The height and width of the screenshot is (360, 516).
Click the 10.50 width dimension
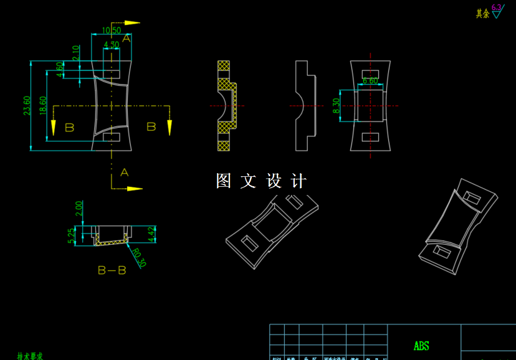click(112, 31)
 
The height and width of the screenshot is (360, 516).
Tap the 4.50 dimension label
click(112, 45)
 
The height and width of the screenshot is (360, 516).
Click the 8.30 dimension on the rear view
click(337, 107)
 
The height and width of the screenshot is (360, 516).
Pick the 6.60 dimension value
click(370, 81)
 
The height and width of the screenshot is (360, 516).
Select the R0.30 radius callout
click(138, 257)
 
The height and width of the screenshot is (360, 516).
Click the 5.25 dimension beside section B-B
click(72, 235)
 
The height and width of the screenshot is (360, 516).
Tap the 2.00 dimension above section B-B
click(79, 207)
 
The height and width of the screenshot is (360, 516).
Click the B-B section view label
click(112, 271)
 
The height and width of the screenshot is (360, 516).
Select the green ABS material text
click(421, 346)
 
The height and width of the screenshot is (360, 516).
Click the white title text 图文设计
click(261, 181)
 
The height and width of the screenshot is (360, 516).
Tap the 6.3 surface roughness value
click(496, 7)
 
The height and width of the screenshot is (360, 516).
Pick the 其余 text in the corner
click(482, 14)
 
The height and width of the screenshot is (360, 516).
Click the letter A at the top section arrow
click(127, 39)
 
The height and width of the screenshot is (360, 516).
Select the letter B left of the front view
click(69, 128)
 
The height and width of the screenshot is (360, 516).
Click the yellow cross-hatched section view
click(226, 106)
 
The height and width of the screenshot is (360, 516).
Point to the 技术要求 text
click(30, 356)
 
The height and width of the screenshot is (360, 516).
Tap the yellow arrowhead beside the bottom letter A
click(135, 188)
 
